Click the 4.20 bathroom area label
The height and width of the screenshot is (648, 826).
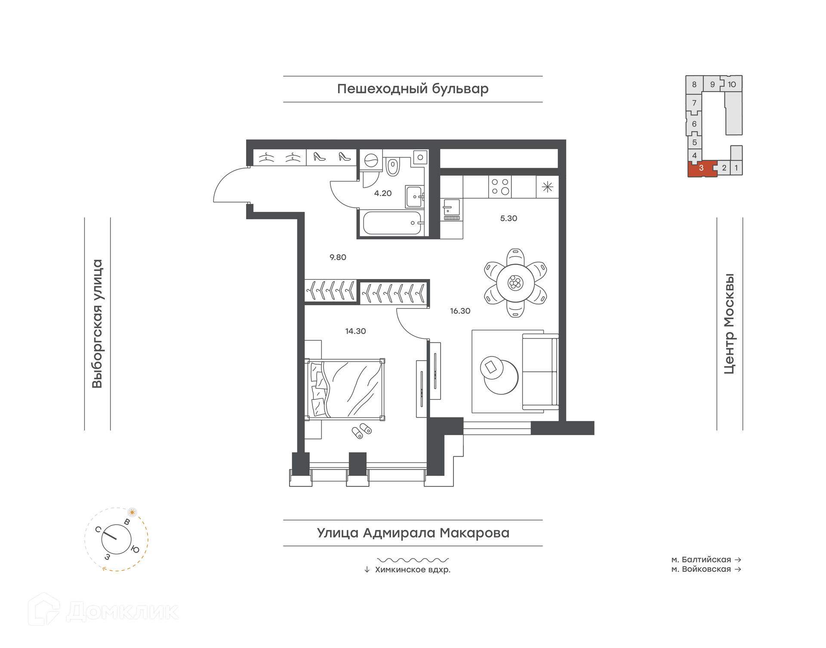coord(383,193)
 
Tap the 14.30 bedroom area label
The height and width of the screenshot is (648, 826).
coord(355,331)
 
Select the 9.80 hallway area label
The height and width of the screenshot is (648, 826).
coord(338,257)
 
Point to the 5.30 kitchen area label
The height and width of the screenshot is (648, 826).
coord(509,218)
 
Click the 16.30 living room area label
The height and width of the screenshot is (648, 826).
coord(460,311)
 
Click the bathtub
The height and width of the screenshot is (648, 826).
coord(392,223)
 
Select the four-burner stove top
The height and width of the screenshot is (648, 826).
coord(500,187)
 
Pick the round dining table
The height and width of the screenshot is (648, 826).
coord(515,283)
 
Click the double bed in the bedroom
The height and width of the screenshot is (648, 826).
coord(345,389)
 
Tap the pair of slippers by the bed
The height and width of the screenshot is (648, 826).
coord(361,430)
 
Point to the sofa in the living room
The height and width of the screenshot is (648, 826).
coord(540,371)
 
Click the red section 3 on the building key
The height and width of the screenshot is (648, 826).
coord(701,168)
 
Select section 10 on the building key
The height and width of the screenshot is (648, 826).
coord(732,84)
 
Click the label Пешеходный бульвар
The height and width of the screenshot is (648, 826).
coord(413,89)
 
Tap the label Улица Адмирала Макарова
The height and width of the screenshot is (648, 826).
coord(413,533)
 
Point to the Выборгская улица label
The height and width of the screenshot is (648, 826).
coord(98,324)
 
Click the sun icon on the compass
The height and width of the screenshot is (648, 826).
coord(132,512)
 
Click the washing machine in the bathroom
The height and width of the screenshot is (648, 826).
coord(371,161)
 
